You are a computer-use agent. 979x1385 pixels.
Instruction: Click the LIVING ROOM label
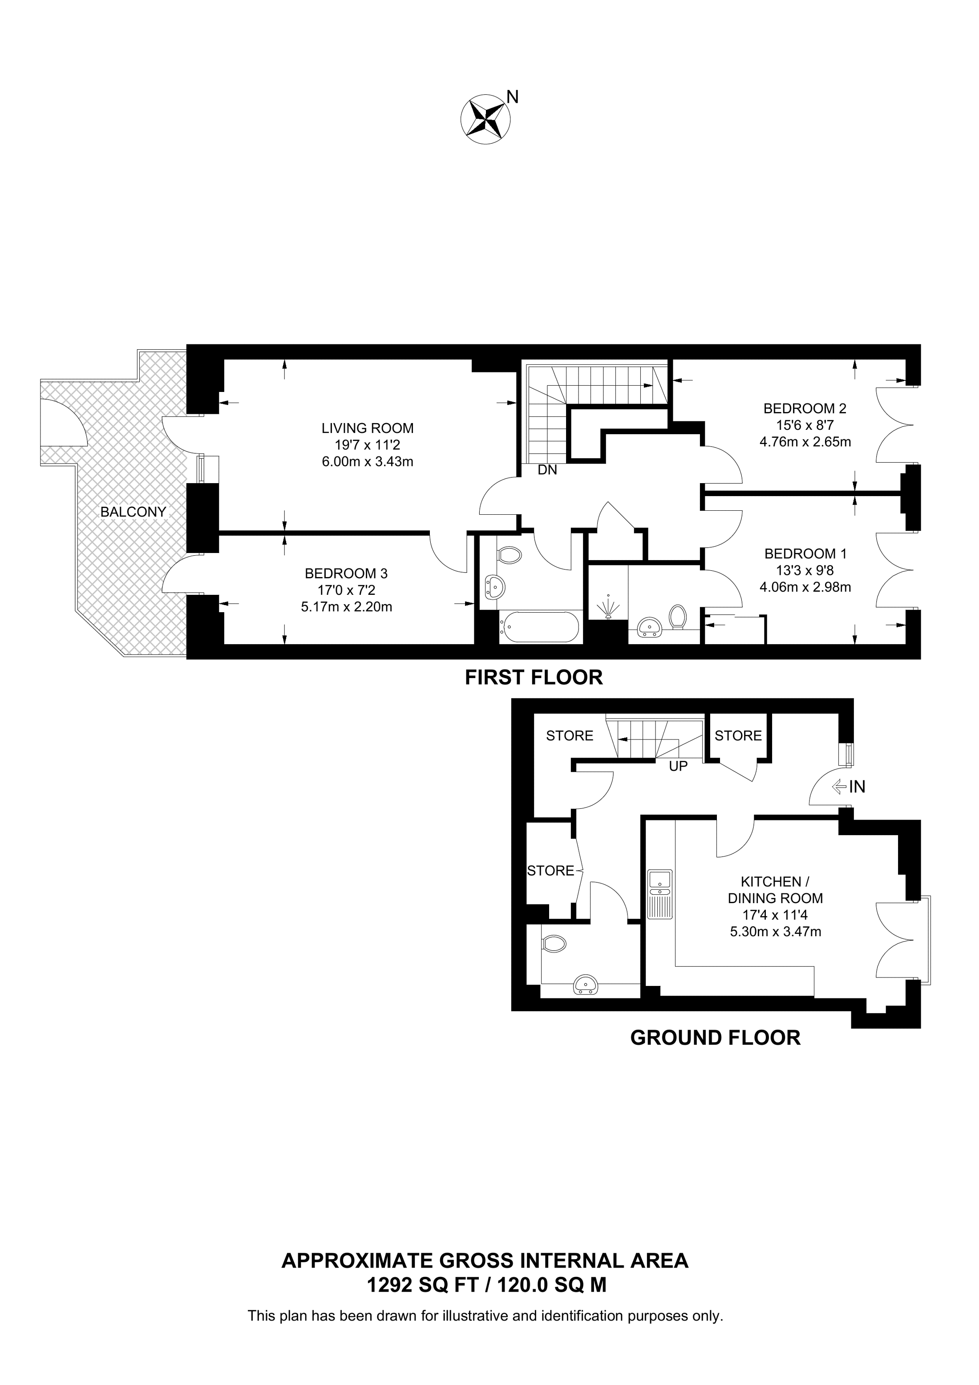368,428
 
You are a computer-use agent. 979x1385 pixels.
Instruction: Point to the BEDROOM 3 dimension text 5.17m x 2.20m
346,607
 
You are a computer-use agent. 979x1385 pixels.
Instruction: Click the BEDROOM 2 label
805,408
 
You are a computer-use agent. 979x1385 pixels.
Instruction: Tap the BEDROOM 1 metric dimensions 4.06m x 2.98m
805,587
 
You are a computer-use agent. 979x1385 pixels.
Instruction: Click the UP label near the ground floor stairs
678,767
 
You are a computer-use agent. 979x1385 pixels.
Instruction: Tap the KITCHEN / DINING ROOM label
775,890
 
